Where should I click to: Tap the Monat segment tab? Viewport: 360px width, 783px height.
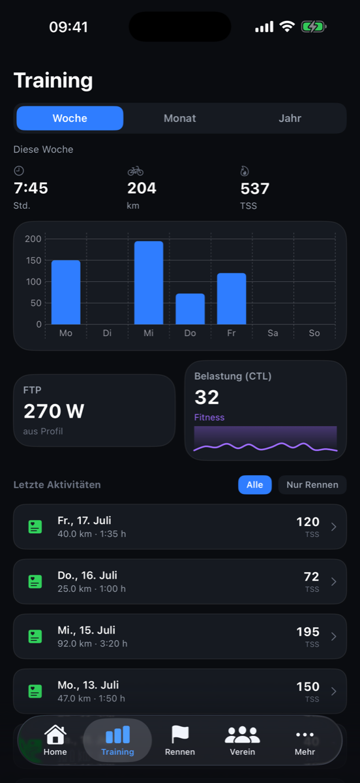(x=179, y=118)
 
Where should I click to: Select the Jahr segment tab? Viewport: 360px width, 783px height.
(x=290, y=118)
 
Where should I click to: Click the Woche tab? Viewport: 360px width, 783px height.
(x=70, y=118)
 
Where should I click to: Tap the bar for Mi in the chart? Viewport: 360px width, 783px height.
(x=149, y=283)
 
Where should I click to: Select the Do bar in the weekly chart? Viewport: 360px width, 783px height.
(x=190, y=309)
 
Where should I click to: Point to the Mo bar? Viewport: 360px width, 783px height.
(x=66, y=292)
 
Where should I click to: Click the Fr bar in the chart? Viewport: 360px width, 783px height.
(x=232, y=299)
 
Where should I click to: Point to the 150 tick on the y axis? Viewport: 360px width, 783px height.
(x=33, y=260)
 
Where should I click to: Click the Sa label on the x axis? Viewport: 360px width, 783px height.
(x=273, y=333)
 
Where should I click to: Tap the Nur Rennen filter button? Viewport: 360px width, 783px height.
(x=312, y=485)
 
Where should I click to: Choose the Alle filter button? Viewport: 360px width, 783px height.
(x=255, y=485)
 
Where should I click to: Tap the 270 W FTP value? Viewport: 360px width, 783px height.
(x=54, y=411)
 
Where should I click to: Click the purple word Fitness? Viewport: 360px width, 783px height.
(x=209, y=418)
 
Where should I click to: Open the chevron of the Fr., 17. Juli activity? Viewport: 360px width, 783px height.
(x=334, y=527)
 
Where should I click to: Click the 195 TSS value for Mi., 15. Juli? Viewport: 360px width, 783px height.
(x=308, y=632)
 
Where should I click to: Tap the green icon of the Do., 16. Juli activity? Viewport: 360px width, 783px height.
(x=35, y=581)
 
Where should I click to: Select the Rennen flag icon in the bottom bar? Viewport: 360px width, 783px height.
(x=180, y=734)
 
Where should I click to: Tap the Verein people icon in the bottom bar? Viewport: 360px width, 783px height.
(x=242, y=735)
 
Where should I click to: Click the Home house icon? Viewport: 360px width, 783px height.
(x=55, y=734)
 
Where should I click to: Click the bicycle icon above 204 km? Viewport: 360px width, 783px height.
(x=136, y=171)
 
